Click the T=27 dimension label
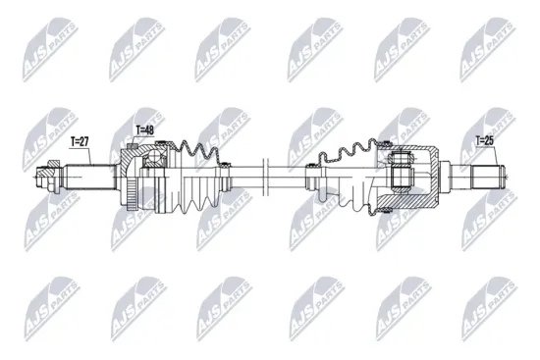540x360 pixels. [80, 142]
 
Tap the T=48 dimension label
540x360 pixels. [144, 129]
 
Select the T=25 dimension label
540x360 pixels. [485, 141]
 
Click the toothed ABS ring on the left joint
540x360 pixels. [131, 180]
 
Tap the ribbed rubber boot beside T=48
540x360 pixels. [201, 177]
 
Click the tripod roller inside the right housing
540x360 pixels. [402, 175]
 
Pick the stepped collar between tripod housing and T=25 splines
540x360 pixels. [458, 179]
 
